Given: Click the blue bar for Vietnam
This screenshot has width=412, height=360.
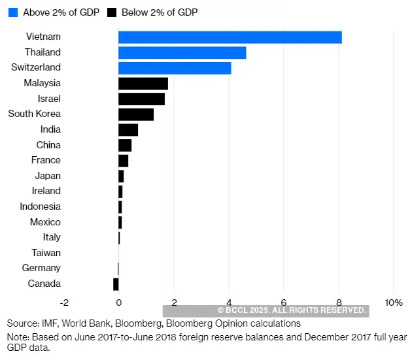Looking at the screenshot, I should click(x=230, y=37).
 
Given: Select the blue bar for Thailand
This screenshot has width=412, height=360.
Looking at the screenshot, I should click(x=182, y=52).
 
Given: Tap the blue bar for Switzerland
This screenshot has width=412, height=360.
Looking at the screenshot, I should click(x=175, y=68).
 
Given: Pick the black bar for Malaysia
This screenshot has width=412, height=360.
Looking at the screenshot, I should click(x=143, y=84).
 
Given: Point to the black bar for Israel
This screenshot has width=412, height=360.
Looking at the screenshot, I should click(x=141, y=99).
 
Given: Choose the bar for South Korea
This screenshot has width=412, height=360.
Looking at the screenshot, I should click(x=135, y=114).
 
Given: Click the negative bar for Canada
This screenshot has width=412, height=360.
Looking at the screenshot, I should click(x=116, y=284).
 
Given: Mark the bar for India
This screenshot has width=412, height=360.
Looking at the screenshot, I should click(x=128, y=129).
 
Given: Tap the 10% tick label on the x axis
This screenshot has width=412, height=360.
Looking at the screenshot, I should click(x=393, y=303).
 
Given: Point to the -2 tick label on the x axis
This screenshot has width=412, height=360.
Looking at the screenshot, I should click(x=63, y=303).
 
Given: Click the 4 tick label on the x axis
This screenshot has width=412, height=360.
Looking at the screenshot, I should click(x=229, y=303).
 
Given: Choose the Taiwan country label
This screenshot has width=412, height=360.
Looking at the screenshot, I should click(x=46, y=253).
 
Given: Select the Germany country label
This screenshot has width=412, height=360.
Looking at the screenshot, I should click(x=41, y=268).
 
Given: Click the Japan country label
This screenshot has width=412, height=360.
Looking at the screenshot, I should click(x=48, y=176).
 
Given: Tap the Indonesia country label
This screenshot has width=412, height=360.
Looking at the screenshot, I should click(x=41, y=206).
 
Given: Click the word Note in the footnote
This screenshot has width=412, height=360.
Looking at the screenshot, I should click(x=17, y=336).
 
